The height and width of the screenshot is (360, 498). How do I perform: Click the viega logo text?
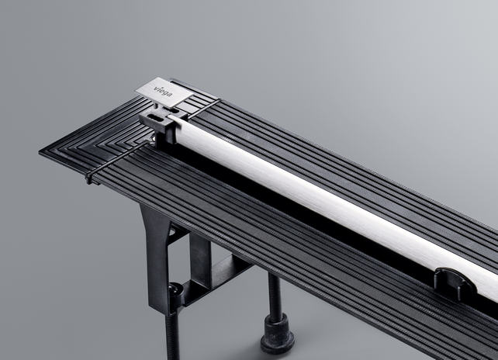coord(164,92)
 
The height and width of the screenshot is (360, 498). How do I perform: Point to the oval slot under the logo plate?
coord(173,110)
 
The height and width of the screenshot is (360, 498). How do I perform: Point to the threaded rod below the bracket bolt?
coord(173,335)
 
